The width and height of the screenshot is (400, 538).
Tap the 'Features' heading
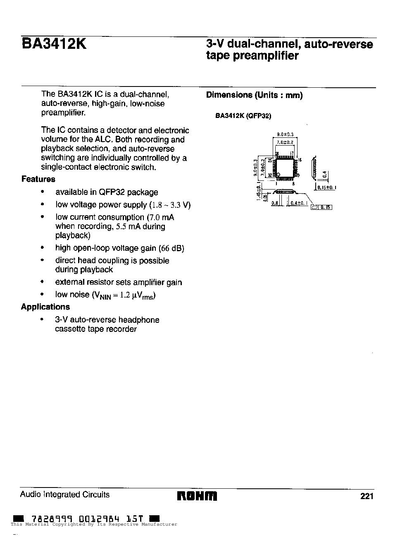(38, 179)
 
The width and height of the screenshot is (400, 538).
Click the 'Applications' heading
(45, 307)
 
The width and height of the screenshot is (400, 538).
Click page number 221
(367, 496)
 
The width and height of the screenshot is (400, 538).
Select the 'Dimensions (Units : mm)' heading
(254, 95)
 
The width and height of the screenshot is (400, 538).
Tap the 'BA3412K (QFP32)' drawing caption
(243, 116)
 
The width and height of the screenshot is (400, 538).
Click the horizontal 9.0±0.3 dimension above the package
(285, 134)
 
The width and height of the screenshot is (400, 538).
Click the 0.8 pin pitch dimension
(275, 203)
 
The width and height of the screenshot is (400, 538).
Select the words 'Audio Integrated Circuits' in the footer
(65, 495)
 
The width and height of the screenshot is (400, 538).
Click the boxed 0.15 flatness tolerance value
(326, 207)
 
